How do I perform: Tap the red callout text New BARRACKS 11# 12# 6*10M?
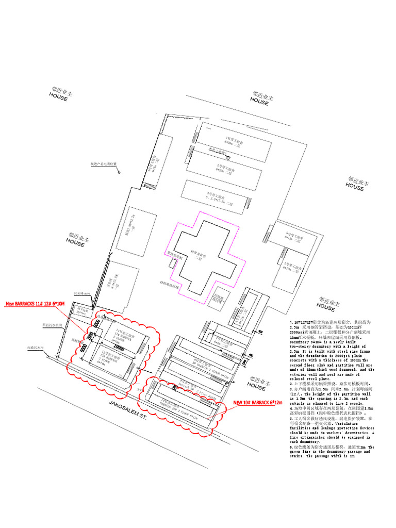coord(35,304)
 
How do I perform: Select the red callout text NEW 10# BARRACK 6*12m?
coord(259,402)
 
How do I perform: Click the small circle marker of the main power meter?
coord(120,172)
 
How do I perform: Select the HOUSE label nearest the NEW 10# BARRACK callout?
coord(256,385)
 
